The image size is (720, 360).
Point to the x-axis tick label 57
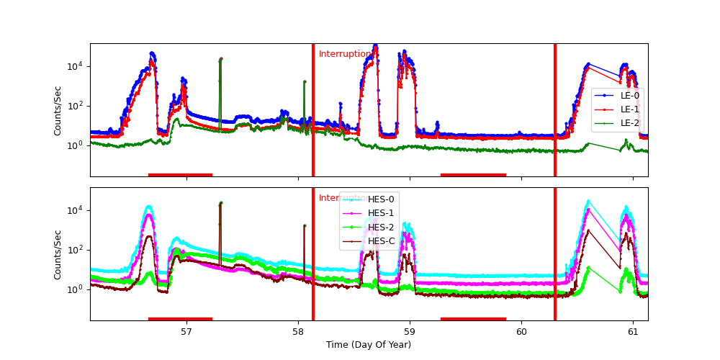pyautogui.click(x=186, y=332)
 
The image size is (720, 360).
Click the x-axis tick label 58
pyautogui.click(x=298, y=332)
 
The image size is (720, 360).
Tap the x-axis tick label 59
pyautogui.click(x=410, y=332)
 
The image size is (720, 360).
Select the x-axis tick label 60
pyautogui.click(x=521, y=332)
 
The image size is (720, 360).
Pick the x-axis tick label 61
pyautogui.click(x=633, y=332)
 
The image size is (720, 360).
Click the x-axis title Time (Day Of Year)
pyautogui.click(x=369, y=345)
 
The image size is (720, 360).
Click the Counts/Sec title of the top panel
pyautogui.click(x=58, y=110)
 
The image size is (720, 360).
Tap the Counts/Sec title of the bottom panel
pyautogui.click(x=58, y=254)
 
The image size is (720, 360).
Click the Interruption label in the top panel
pyautogui.click(x=345, y=54)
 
